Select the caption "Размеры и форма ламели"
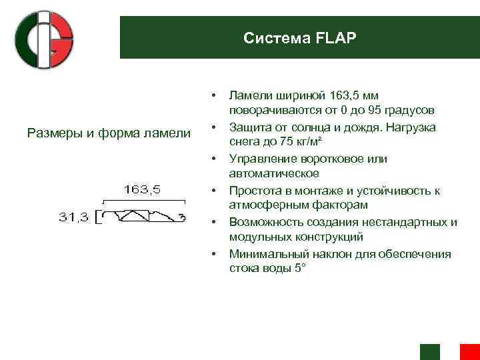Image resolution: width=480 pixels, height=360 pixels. [x=109, y=133]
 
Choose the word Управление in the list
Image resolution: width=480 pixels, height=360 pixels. [x=261, y=159]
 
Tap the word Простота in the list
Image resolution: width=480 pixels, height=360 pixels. [x=254, y=191]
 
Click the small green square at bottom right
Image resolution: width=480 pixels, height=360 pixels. [x=430, y=352]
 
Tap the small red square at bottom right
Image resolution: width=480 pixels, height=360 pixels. [x=470, y=352]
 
